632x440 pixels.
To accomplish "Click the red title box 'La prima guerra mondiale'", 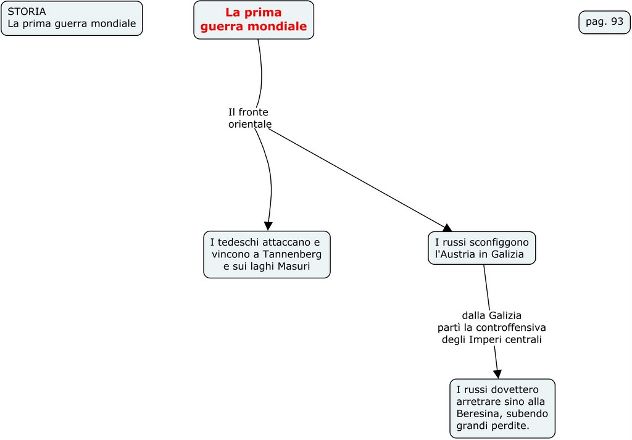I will point(254,20).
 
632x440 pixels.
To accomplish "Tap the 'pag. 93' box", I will point(604,22).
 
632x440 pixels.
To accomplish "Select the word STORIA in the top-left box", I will point(27,12).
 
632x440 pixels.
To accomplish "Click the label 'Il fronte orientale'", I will point(249,118).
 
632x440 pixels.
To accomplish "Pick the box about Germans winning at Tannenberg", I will point(267,254).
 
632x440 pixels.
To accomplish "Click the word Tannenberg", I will point(292,254).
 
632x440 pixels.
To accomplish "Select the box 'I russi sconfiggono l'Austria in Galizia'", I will point(482,248).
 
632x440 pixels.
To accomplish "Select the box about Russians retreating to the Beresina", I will point(502,408).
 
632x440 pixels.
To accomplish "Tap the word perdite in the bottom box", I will point(510,426).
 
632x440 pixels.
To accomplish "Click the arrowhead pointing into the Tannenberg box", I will point(268,226).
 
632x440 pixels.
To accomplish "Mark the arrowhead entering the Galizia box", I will point(447,228).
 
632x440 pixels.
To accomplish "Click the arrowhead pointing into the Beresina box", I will point(497,373).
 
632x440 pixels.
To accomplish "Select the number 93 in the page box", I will point(617,22).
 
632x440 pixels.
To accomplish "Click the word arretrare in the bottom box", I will point(478,401).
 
